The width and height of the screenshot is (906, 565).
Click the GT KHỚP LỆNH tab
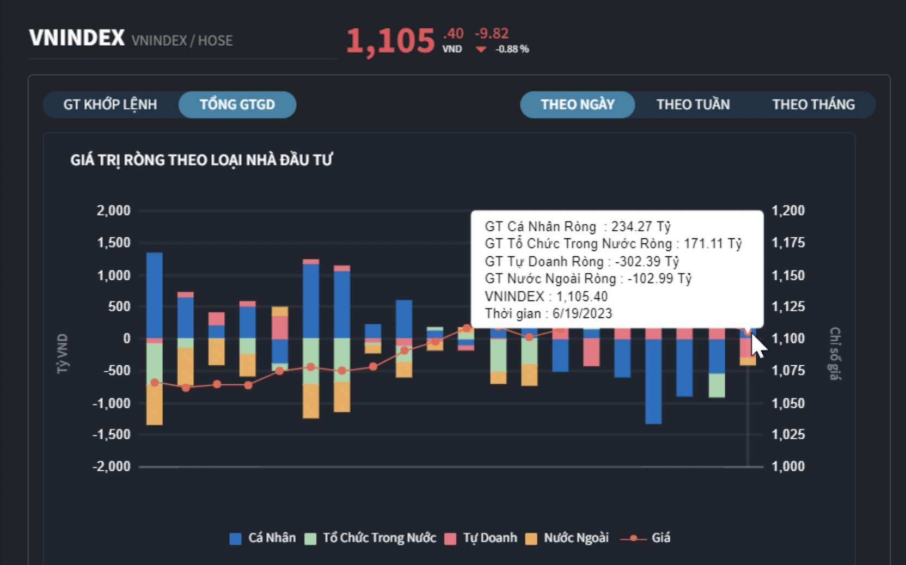[110, 105]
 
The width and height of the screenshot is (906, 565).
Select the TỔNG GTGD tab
[237, 105]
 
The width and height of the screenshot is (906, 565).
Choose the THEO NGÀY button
[577, 105]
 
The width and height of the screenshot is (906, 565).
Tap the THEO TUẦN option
[693, 105]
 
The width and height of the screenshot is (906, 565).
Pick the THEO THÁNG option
[813, 105]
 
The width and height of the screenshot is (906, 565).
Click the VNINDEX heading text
[77, 39]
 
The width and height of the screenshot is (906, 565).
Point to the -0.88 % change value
[512, 49]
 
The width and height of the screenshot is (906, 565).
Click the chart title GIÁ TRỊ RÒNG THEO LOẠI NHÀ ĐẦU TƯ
[201, 160]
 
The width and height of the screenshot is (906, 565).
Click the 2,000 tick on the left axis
[113, 211]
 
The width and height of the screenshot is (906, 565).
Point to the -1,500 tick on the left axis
[111, 434]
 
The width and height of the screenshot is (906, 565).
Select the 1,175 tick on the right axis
[788, 243]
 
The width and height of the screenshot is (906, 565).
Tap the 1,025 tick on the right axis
[788, 434]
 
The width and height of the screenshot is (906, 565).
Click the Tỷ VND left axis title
[63, 354]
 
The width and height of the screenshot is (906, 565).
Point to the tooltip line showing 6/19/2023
[548, 314]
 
